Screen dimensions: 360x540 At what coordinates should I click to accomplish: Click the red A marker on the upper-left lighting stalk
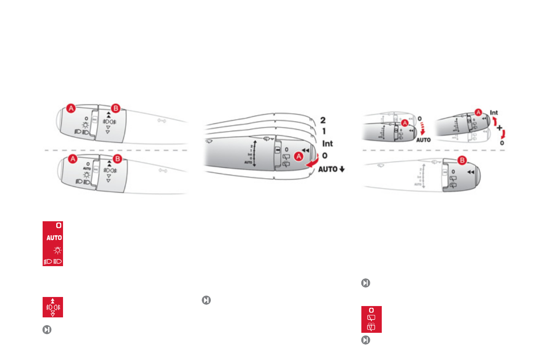[x=71, y=108]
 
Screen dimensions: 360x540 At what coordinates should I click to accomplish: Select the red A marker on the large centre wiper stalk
[x=299, y=156]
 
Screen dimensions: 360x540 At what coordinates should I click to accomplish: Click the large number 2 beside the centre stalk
[x=323, y=121]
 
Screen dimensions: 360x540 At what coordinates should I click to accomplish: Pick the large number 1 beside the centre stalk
[x=323, y=131]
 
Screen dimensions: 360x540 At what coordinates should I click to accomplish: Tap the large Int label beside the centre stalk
[x=327, y=144]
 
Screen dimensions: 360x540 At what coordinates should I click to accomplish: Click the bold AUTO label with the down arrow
[x=331, y=169]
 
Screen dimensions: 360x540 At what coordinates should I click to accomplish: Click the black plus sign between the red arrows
[x=499, y=128]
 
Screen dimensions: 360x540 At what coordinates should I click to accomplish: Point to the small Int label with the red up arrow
[x=494, y=112]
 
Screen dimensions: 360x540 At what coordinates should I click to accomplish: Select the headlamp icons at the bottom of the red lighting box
[x=53, y=261]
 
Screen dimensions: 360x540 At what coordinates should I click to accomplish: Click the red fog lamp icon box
[x=53, y=307]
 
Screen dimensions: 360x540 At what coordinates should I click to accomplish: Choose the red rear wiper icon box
[x=371, y=319]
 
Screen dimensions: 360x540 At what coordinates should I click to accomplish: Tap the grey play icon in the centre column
[x=206, y=300]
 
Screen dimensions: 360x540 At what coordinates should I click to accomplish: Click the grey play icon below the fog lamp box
[x=46, y=330]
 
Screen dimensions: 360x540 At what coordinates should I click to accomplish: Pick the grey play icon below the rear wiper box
[x=365, y=339]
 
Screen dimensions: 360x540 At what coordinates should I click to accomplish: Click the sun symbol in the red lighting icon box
[x=58, y=250]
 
